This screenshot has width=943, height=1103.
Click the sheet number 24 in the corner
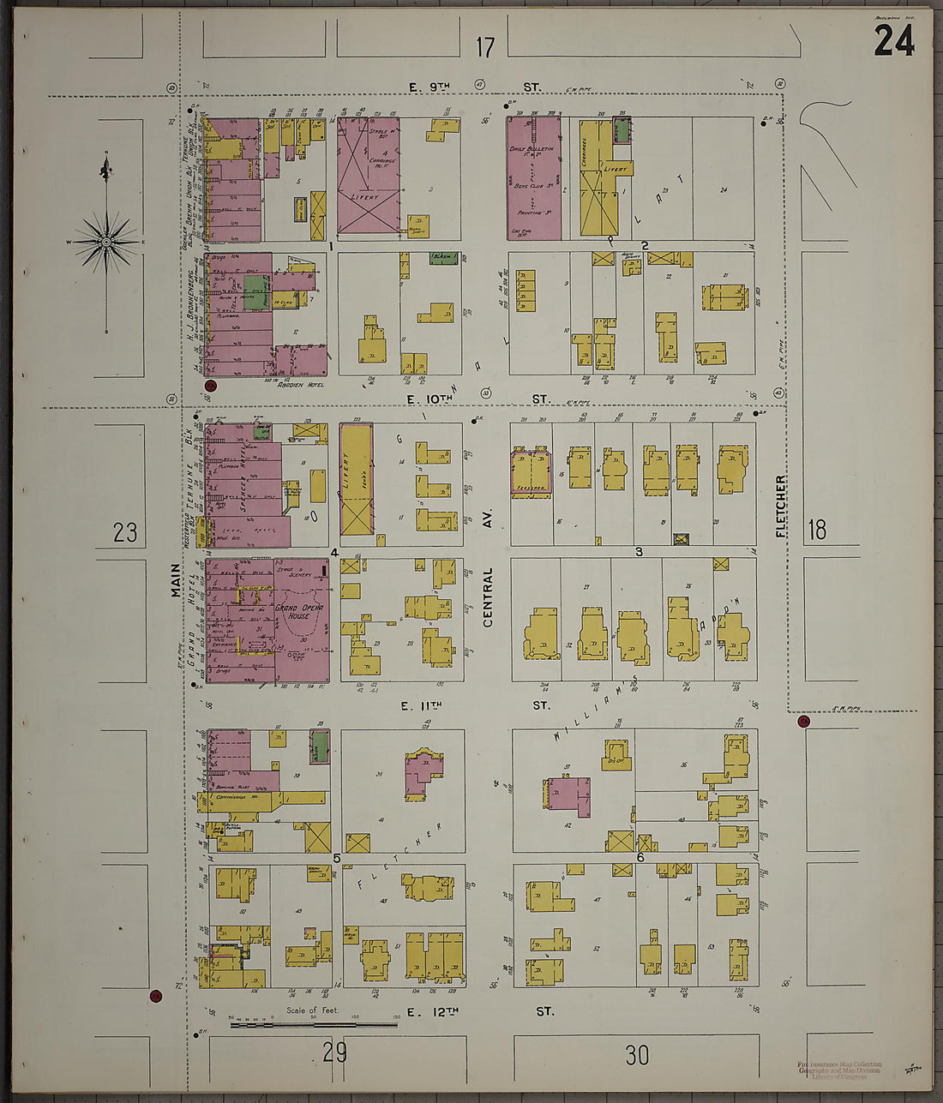(893, 40)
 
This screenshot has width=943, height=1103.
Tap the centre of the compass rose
(106, 243)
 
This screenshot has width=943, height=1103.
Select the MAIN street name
(175, 580)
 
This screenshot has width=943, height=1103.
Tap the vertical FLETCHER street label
(781, 507)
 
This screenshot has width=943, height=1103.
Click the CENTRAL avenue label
(488, 596)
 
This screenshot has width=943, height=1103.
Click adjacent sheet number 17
(485, 47)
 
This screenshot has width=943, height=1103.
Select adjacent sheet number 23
(125, 533)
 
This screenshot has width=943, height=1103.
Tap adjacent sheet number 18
(817, 530)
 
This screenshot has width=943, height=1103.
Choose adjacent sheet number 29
(335, 1052)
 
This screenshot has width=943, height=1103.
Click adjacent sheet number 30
(637, 1055)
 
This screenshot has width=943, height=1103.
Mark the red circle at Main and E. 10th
(211, 387)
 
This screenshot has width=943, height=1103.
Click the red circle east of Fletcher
(803, 722)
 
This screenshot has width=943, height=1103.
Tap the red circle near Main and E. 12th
(155, 996)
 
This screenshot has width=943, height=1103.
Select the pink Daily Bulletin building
(533, 177)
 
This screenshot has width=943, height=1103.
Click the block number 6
(640, 857)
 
